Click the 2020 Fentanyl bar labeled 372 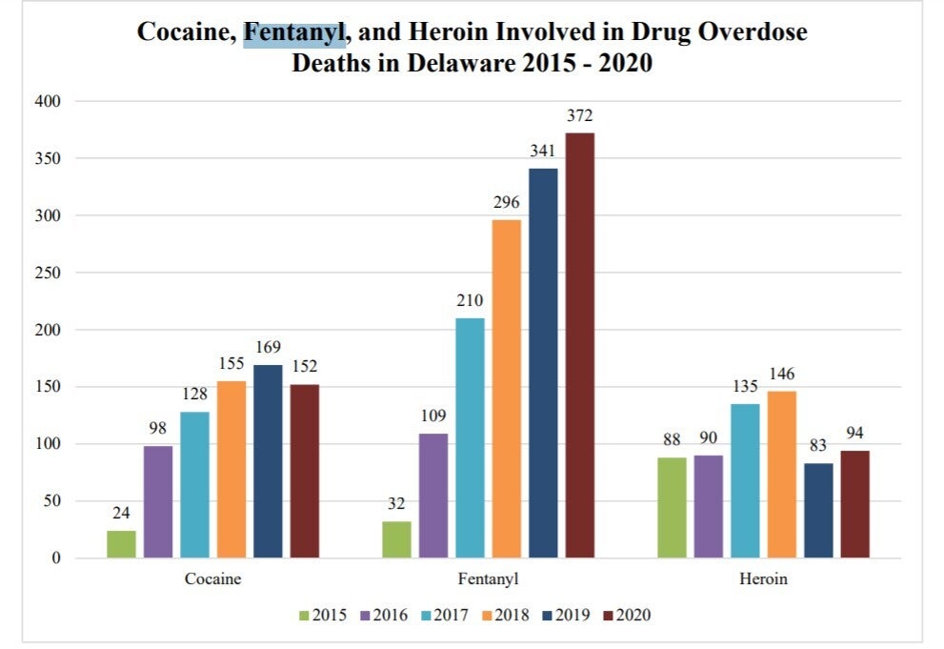[x=579, y=345]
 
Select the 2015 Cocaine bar [x=121, y=544]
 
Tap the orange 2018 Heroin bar [x=782, y=475]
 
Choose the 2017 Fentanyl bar [x=470, y=437]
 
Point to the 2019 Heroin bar [x=818, y=510]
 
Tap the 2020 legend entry [x=627, y=615]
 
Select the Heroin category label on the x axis [x=763, y=578]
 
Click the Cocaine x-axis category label [x=212, y=578]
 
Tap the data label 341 [x=543, y=152]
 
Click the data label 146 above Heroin [x=782, y=375]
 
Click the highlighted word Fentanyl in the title [x=294, y=32]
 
